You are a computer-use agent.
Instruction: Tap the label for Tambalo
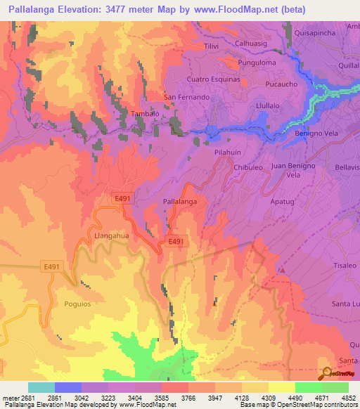tap(144, 113)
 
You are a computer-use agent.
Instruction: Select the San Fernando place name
tap(186, 97)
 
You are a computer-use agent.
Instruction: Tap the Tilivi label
tap(212, 46)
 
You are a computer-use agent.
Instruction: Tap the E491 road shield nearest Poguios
tap(51, 266)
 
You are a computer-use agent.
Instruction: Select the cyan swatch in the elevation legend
tap(41, 387)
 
